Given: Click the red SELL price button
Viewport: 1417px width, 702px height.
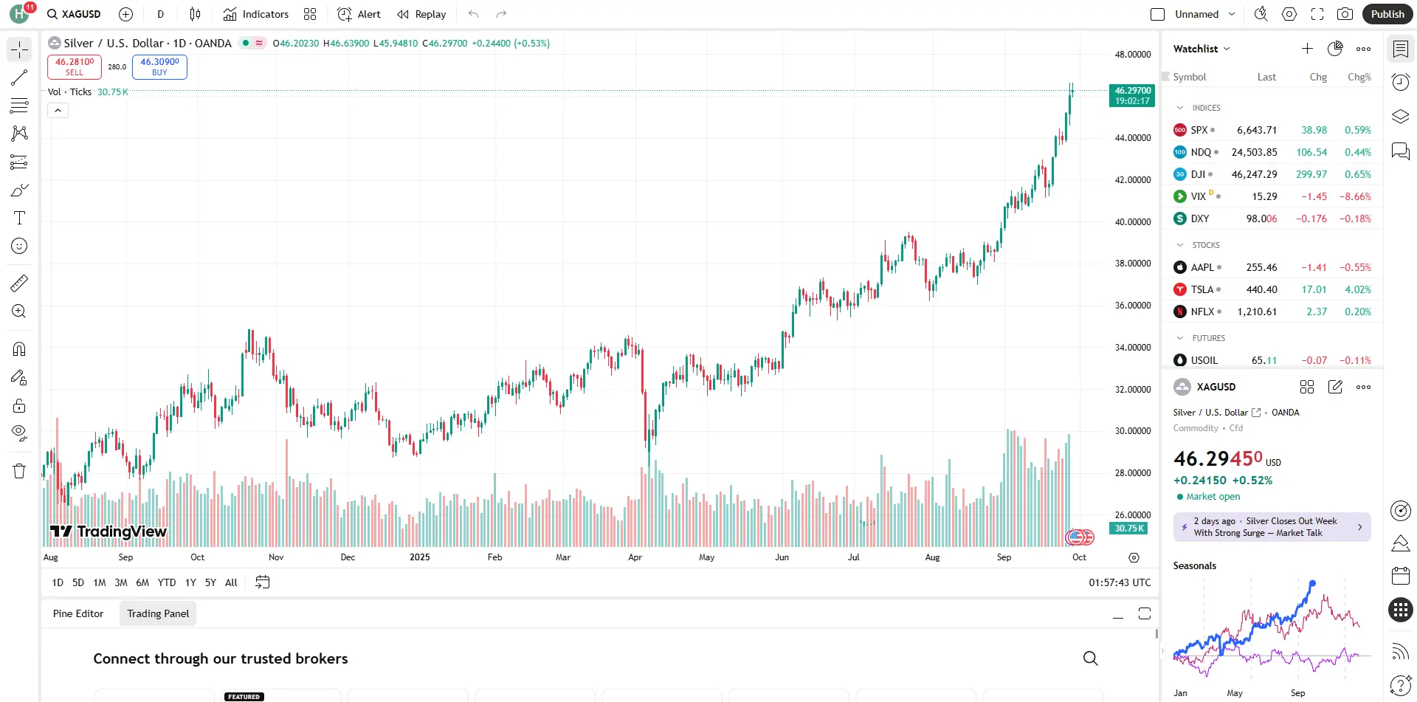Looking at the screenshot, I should [x=75, y=66].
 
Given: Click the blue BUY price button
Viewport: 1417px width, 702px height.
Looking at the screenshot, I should [x=159, y=66].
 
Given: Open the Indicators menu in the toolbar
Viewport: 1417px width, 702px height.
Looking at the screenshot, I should [x=256, y=14].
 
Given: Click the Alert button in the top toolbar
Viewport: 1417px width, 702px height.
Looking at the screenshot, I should [x=359, y=14].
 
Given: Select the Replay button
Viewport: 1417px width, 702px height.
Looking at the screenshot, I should [x=421, y=14].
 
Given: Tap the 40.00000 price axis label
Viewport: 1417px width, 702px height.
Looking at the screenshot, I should [x=1132, y=221].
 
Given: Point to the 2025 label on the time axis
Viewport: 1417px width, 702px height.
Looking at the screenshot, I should [x=419, y=557].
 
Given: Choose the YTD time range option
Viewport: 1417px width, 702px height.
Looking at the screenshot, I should [x=167, y=582].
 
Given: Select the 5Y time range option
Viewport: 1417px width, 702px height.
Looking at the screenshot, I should [x=210, y=582].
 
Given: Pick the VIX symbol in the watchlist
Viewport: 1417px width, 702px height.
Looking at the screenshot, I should [x=1198, y=196].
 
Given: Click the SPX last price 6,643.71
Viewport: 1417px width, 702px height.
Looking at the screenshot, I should [x=1257, y=130].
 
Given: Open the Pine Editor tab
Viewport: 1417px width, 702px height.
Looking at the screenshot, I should [x=78, y=613].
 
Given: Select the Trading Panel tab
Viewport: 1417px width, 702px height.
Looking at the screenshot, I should [x=158, y=613].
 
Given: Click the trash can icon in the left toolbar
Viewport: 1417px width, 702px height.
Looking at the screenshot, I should [x=19, y=471].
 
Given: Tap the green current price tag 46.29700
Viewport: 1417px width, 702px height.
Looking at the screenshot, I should [x=1132, y=95].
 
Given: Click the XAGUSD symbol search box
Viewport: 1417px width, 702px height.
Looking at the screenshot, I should [x=75, y=14].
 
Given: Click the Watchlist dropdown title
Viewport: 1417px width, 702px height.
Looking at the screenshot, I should [x=1201, y=49].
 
